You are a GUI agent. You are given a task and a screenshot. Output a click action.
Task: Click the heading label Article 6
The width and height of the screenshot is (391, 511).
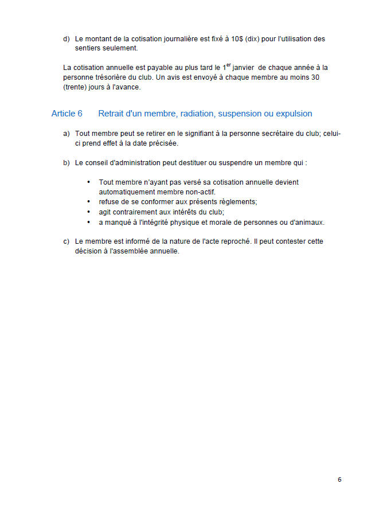pyautogui.click(x=67, y=114)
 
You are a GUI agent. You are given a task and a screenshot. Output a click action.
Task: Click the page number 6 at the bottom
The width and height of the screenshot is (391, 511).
pyautogui.click(x=339, y=479)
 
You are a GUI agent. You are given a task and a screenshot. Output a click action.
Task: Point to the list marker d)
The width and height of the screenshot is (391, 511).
pyautogui.click(x=67, y=39)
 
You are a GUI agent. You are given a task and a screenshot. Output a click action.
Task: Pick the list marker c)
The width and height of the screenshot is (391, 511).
pyautogui.click(x=67, y=241)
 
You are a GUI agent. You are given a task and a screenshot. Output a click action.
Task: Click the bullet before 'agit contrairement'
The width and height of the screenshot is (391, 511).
pyautogui.click(x=88, y=212)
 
